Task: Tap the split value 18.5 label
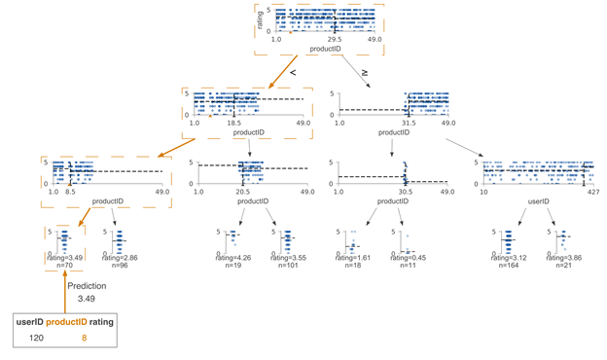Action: tap(234, 125)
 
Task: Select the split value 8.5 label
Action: tap(70, 193)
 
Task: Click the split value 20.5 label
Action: tap(242, 193)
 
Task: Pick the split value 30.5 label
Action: tap(407, 193)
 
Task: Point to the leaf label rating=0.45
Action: tap(409, 257)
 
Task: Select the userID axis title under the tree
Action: tap(538, 201)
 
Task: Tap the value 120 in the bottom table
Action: tap(36, 338)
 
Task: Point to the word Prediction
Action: tap(86, 286)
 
